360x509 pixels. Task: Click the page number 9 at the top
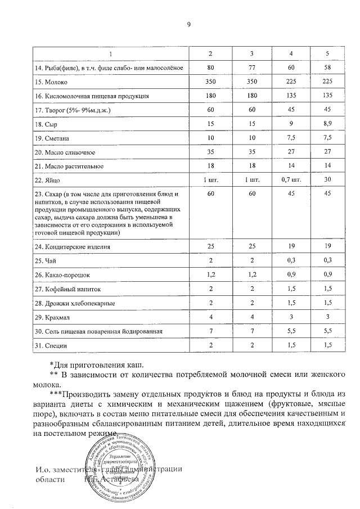pos(188,25)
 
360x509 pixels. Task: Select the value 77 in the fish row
pos(252,67)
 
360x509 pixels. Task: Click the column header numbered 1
pos(110,53)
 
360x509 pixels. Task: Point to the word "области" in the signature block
pos(49,480)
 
